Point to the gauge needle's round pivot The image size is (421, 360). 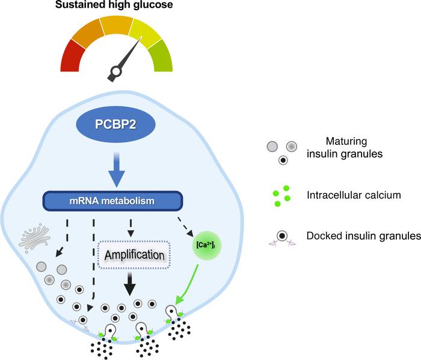click(x=114, y=74)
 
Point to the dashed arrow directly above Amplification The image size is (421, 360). click(x=130, y=226)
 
